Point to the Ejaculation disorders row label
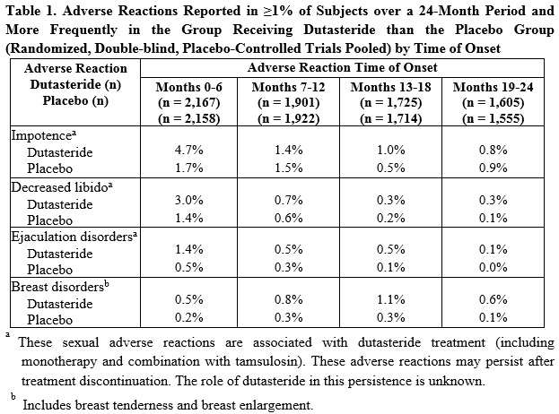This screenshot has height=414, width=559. coord(64,237)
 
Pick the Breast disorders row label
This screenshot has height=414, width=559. coord(53,287)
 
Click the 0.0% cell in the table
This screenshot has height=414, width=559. coord(495,268)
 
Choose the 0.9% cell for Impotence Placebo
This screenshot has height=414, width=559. coord(495,168)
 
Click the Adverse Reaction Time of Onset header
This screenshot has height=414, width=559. coord(345,67)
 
